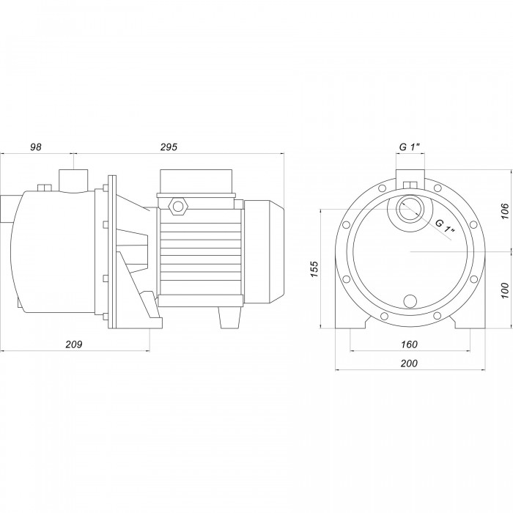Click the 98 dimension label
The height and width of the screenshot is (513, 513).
point(36,147)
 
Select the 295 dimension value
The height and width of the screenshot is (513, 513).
point(169,147)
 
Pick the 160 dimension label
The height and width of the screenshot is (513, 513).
point(409,344)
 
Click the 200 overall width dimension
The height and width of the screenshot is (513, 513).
point(409,364)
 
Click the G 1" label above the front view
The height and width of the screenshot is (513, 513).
point(410,147)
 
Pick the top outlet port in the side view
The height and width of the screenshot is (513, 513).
point(73,180)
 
